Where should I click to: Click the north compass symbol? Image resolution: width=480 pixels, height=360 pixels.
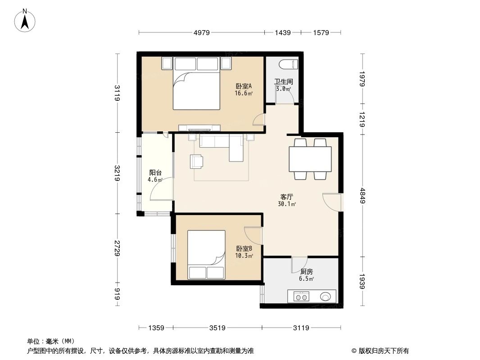pyautogui.click(x=26, y=20)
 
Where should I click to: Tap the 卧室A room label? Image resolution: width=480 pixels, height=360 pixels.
pyautogui.click(x=243, y=90)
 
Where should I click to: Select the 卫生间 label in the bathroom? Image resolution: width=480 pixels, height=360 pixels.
pyautogui.click(x=284, y=82)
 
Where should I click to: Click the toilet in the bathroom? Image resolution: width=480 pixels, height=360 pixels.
pyautogui.click(x=289, y=64)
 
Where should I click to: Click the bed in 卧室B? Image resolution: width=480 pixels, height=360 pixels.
pyautogui.click(x=206, y=254)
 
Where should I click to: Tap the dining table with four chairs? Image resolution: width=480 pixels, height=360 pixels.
pyautogui.click(x=311, y=158)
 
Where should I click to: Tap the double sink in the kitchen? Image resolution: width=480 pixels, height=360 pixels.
pyautogui.click(x=301, y=297)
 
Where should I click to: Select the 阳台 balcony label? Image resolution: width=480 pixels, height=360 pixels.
pyautogui.click(x=155, y=176)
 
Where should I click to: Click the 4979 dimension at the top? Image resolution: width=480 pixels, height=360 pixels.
pyautogui.click(x=202, y=32)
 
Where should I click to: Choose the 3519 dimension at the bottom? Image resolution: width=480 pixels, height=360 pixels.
pyautogui.click(x=217, y=328)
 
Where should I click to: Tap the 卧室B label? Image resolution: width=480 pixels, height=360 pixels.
pyautogui.click(x=244, y=252)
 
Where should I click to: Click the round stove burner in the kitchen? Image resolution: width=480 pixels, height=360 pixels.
pyautogui.click(x=326, y=297)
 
